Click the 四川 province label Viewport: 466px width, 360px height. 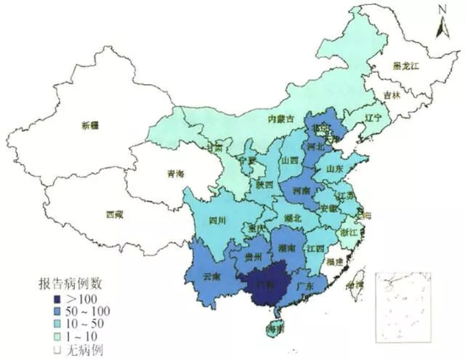217,221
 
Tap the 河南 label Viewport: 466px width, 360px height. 301,193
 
